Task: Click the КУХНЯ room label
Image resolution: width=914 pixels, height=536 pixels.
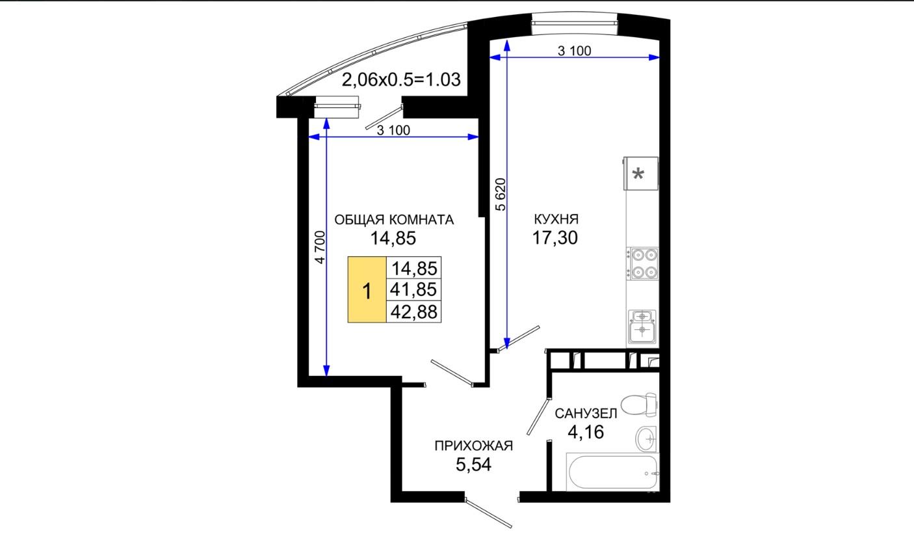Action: click(556, 219)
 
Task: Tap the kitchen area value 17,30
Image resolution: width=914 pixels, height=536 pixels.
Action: click(555, 237)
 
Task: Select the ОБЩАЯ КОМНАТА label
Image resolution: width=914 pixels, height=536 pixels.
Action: click(394, 220)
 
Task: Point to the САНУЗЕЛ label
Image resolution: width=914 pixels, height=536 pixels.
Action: click(586, 414)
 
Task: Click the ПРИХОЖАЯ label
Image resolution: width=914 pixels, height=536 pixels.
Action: click(473, 446)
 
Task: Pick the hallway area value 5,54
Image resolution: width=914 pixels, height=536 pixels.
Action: click(473, 464)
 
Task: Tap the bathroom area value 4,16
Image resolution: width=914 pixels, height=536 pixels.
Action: click(586, 432)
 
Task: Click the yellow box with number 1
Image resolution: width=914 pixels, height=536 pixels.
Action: click(367, 289)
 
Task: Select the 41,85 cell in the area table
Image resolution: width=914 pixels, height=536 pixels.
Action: click(413, 289)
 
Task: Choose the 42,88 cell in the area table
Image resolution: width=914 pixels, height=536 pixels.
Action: click(413, 312)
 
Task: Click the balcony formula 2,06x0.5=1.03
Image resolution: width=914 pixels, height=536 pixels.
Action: click(401, 79)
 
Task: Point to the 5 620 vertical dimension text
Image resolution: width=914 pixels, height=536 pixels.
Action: click(501, 194)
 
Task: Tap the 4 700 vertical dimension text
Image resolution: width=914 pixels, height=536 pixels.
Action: click(320, 247)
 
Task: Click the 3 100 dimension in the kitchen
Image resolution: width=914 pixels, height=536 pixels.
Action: click(574, 51)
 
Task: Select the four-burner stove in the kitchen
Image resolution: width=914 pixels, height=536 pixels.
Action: click(644, 263)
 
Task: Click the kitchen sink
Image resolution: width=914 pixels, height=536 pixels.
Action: click(642, 327)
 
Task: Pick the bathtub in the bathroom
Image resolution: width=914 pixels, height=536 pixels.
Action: click(612, 472)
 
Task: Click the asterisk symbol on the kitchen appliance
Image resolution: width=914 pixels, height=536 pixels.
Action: click(638, 175)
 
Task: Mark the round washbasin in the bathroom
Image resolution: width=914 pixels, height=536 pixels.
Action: click(646, 438)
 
